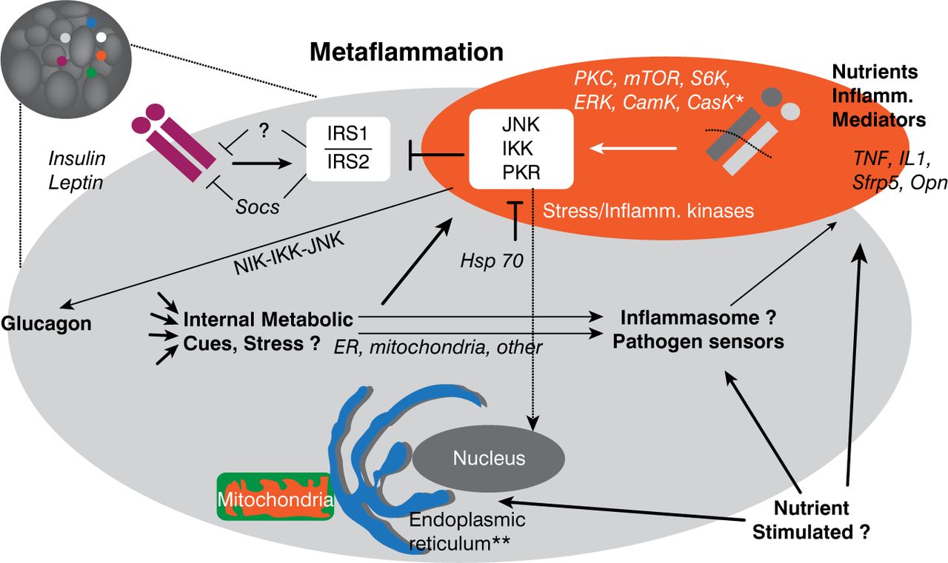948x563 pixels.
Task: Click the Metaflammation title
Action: [407, 53]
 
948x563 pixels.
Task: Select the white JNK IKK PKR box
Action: [521, 149]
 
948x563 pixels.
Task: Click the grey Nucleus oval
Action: [490, 458]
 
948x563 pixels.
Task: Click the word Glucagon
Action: [46, 323]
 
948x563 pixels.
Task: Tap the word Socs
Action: [258, 206]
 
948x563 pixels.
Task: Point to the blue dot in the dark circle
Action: [91, 23]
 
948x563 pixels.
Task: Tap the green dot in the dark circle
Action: [90, 73]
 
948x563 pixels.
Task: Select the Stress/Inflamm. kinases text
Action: [648, 212]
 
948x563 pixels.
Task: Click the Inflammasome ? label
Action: [698, 320]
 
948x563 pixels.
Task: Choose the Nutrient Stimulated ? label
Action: [821, 519]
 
